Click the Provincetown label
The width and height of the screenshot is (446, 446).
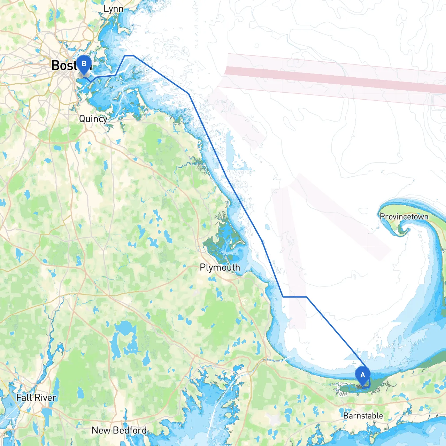point(404,216)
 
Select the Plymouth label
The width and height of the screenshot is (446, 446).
point(220,267)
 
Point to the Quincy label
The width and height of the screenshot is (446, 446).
point(93,119)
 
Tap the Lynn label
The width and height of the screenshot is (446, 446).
point(113,9)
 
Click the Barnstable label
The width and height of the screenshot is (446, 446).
point(363,416)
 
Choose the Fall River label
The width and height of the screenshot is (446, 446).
point(36,398)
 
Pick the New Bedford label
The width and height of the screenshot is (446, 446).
point(119,430)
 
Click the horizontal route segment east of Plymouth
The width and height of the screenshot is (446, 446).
point(294,297)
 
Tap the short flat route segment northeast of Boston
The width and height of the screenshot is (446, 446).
point(129,55)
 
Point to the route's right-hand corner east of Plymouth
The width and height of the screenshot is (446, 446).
point(306,297)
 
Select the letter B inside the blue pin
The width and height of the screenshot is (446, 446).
point(84,63)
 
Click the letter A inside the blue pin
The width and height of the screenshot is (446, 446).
point(362,375)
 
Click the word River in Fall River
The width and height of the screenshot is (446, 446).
point(46,398)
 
